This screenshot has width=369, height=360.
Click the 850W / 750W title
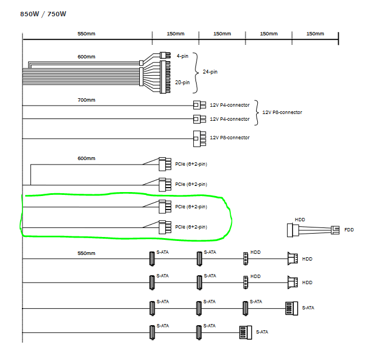point(43,14)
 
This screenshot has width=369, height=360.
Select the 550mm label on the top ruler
point(86,34)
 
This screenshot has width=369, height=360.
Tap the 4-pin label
point(183,56)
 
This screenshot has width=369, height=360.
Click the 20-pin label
point(182,83)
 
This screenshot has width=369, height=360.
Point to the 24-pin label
point(210,72)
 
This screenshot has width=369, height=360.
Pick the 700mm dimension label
point(86,100)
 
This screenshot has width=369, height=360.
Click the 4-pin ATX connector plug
point(165,55)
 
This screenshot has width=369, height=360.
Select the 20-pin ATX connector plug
point(165,77)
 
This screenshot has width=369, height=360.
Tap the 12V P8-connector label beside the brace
point(282,112)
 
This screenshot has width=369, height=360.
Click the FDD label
point(349,230)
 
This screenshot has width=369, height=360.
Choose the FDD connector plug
point(335,230)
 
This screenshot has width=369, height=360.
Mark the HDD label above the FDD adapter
point(300,220)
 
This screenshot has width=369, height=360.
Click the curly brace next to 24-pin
point(196,72)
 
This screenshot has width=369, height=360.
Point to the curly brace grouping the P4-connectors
point(257,113)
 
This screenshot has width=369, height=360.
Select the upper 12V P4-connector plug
point(199,105)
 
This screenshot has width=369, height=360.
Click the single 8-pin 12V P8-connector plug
point(199,139)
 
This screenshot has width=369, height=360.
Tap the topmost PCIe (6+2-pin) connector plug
point(165,164)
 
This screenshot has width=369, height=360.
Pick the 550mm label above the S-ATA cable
point(86,253)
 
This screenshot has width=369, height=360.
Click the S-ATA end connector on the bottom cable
point(245,332)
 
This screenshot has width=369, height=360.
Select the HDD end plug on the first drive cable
point(293,258)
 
